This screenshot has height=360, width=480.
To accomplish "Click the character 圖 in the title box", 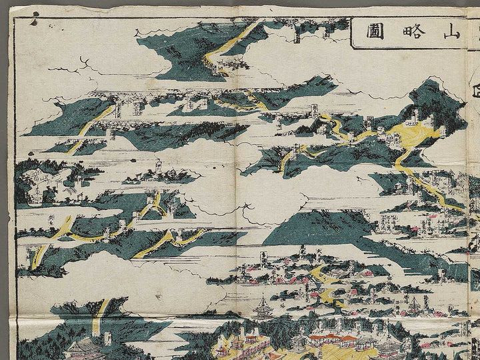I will pyautogui.click(x=373, y=31).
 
